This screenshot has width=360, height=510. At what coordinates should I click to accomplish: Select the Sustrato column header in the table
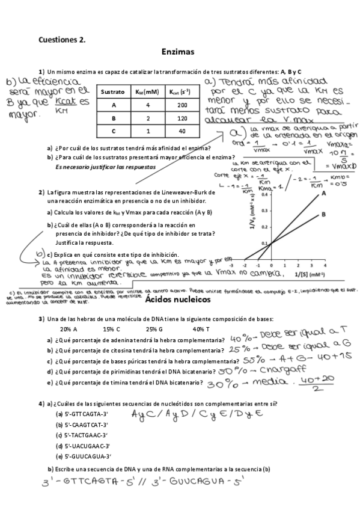click(x=112, y=92)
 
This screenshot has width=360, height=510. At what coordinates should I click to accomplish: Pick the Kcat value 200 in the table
click(x=176, y=105)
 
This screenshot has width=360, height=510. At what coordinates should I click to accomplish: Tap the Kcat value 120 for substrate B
click(x=176, y=118)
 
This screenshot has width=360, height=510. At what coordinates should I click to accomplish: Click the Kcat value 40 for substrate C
click(x=176, y=131)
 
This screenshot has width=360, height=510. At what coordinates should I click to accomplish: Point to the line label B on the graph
click(x=323, y=214)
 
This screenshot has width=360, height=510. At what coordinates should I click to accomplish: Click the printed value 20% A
click(x=69, y=329)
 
